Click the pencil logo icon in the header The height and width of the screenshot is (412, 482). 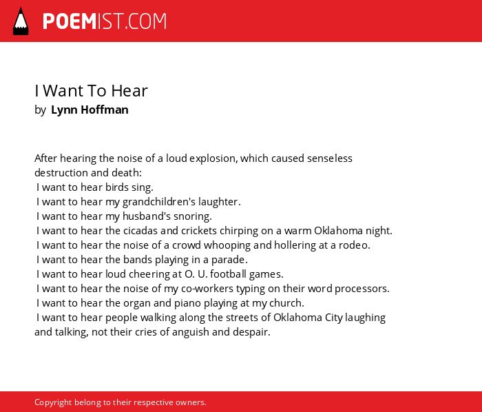pos(21,21)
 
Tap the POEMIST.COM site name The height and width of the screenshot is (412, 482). pos(105,21)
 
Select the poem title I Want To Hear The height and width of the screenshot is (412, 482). pos(91,91)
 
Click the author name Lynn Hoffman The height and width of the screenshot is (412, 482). pos(90,110)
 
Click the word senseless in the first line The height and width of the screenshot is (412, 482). pos(330,158)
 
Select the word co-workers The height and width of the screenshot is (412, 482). pos(207,289)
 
